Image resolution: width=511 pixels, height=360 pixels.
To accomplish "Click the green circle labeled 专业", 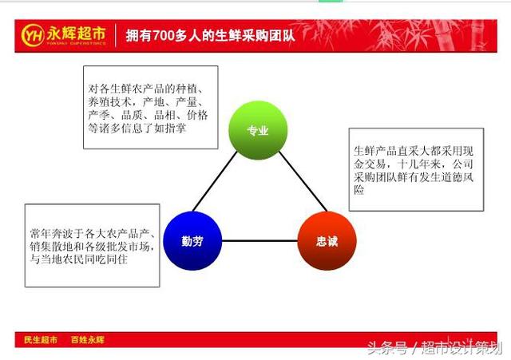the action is [258, 130].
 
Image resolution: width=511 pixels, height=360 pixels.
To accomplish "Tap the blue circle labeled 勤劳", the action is [192, 241].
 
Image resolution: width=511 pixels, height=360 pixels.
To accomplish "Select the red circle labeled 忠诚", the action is [327, 241].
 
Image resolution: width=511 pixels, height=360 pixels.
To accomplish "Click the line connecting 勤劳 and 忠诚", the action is [259, 241].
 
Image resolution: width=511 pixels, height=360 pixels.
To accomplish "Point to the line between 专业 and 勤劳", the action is [215, 181].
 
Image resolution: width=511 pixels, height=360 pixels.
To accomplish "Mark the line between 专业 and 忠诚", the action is [303, 181].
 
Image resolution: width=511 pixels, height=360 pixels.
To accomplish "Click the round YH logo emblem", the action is [33, 35].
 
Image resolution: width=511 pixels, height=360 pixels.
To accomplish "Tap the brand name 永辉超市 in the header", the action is [77, 34].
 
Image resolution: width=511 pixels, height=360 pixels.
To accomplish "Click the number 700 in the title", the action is [163, 35].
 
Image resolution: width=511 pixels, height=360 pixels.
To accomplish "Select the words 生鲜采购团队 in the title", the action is [255, 35].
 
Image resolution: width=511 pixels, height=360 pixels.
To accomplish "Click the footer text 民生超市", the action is [41, 340].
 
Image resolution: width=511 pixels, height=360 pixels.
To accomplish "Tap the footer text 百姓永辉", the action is [88, 340].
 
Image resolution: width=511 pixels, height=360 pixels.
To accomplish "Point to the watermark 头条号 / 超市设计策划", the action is [434, 347].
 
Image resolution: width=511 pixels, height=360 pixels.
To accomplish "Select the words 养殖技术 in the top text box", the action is [110, 102].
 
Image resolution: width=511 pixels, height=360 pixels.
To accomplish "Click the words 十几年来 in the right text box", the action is [418, 164].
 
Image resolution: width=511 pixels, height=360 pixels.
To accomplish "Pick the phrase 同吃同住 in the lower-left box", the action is [105, 259].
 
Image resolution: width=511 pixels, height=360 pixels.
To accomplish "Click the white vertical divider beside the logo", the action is [116, 35].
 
